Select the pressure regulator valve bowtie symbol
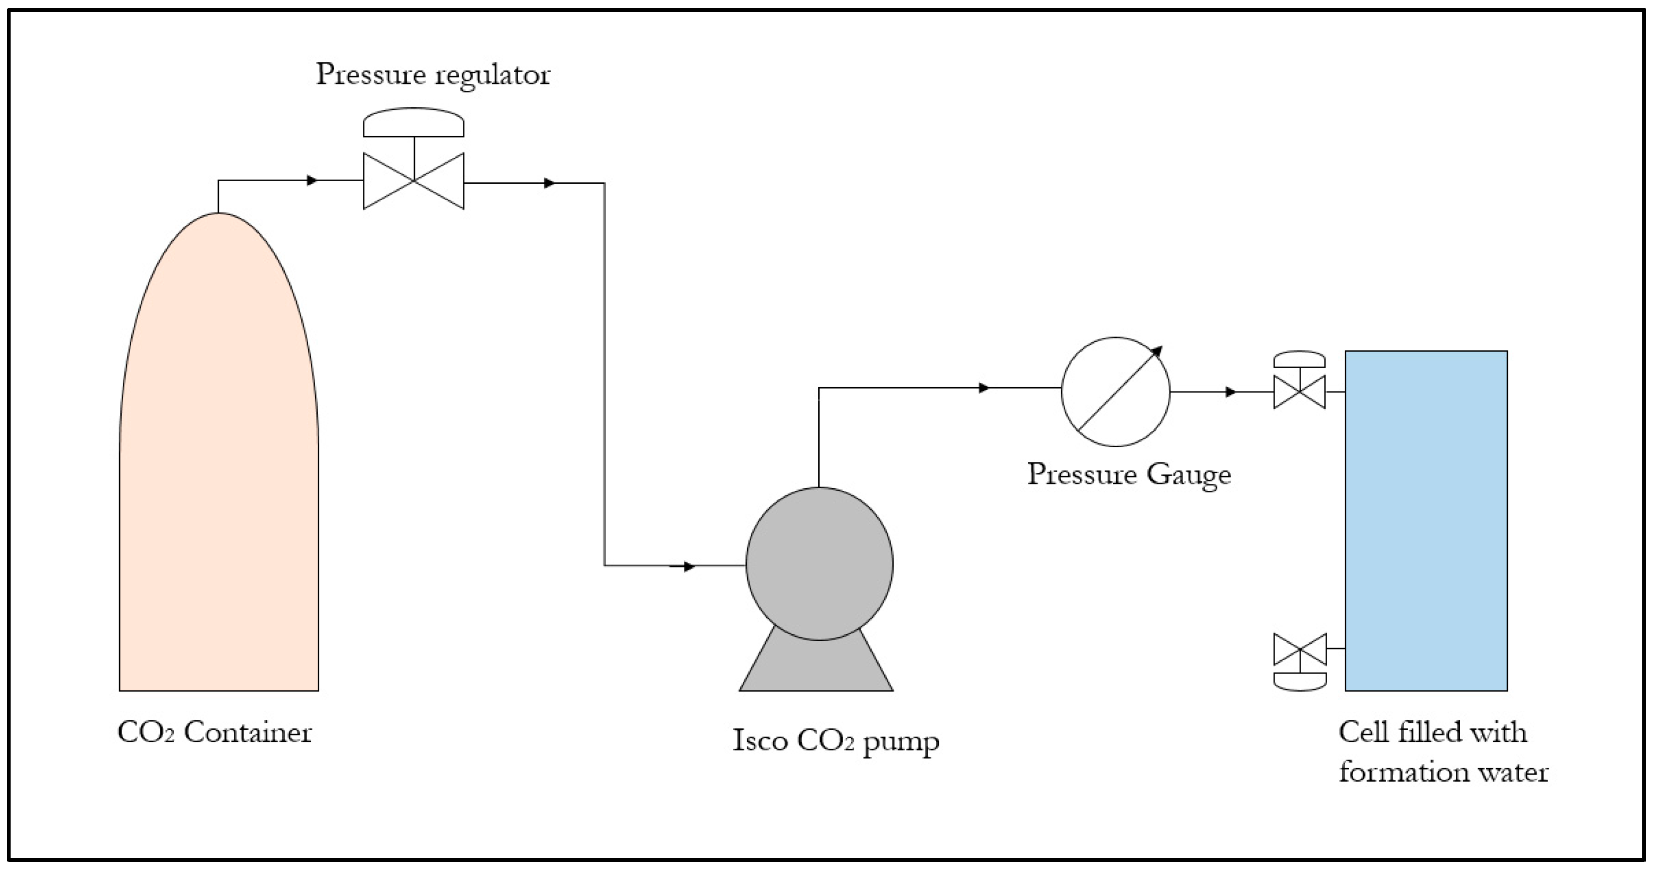click(x=414, y=181)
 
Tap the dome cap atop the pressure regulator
click(x=414, y=123)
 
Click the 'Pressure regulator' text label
click(x=433, y=74)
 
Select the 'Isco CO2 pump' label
click(x=836, y=740)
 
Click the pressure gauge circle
click(x=1115, y=392)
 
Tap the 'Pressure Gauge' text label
click(x=1129, y=475)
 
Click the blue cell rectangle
click(x=1427, y=520)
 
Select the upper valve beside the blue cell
click(x=1299, y=391)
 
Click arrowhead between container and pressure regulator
click(x=312, y=181)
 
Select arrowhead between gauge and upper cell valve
click(x=1231, y=392)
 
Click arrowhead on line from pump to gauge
click(x=983, y=388)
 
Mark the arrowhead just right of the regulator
click(x=549, y=183)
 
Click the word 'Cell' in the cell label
click(x=1364, y=732)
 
